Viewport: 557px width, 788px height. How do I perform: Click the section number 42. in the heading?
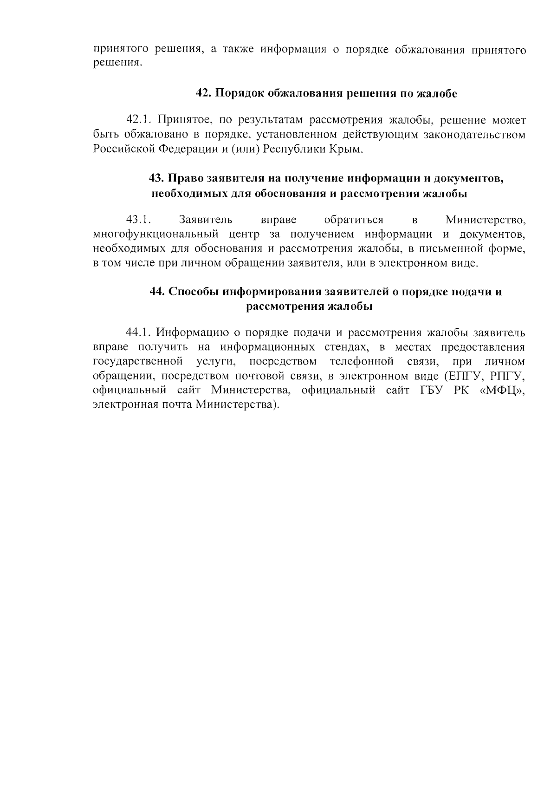[204, 93]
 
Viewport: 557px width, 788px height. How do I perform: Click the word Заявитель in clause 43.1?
[206, 219]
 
